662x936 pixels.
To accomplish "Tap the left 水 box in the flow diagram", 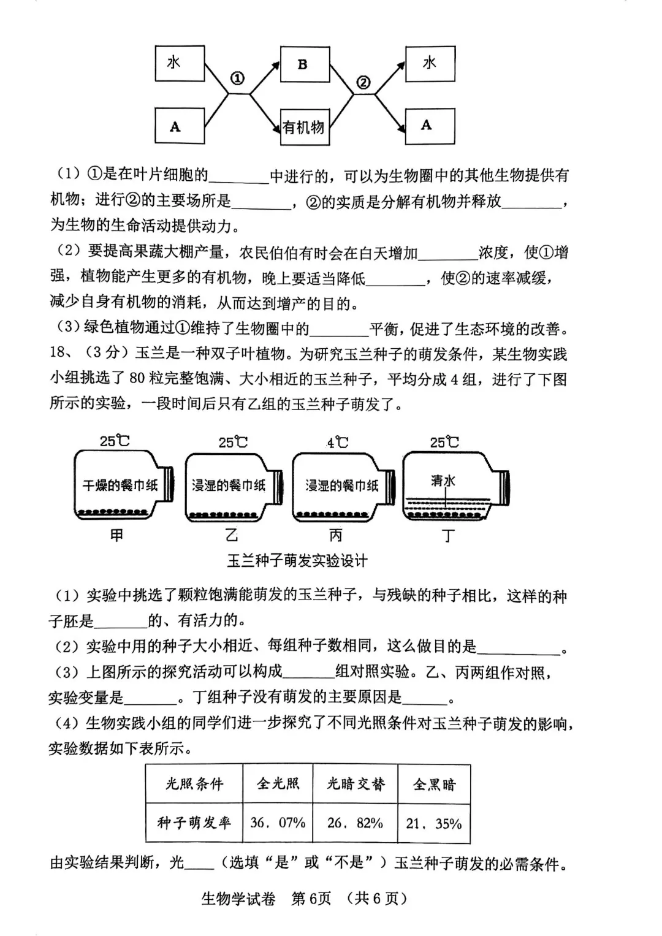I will click(179, 63).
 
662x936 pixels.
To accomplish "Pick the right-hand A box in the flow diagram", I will click(429, 126).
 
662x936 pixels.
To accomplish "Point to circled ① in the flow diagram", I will click(237, 78).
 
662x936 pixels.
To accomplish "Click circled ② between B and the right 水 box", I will click(363, 82).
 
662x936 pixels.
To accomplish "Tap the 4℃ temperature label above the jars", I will click(337, 441).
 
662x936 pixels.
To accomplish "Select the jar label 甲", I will click(116, 535).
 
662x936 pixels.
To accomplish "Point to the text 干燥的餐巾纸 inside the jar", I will click(120, 485).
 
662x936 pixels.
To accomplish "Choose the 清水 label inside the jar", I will click(443, 481).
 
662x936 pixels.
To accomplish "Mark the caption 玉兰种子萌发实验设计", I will click(297, 560).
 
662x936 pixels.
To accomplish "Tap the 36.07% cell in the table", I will click(278, 823).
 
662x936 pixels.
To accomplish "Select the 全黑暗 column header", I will click(434, 784).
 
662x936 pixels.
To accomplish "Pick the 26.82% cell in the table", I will click(355, 823).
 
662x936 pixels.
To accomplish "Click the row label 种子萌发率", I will click(194, 823).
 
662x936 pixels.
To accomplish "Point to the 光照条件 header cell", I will click(194, 784).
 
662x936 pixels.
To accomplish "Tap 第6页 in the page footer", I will click(311, 898).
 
